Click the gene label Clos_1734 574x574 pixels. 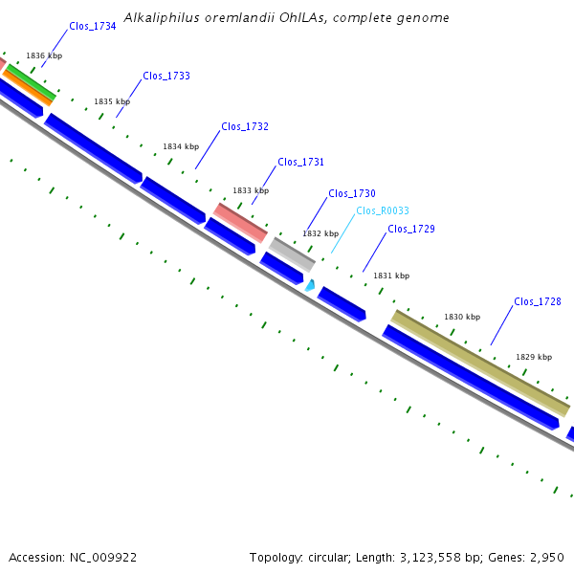point(93,27)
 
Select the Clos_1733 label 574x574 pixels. point(166,76)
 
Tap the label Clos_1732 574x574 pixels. point(245,126)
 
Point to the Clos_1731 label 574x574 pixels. point(301,162)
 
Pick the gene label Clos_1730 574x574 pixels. point(352,193)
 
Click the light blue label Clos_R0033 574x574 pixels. point(383,210)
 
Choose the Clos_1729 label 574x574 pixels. point(411,229)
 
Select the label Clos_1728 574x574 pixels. point(538,301)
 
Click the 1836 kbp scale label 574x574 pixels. point(44,56)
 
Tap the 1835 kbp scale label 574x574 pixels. point(112,101)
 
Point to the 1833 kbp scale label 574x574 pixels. point(251,190)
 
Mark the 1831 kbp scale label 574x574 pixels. point(391,276)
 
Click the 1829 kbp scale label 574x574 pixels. point(534,357)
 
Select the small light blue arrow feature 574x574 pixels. point(310,284)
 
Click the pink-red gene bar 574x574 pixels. point(240,222)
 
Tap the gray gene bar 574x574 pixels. point(292,254)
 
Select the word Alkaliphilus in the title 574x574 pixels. point(159,18)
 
